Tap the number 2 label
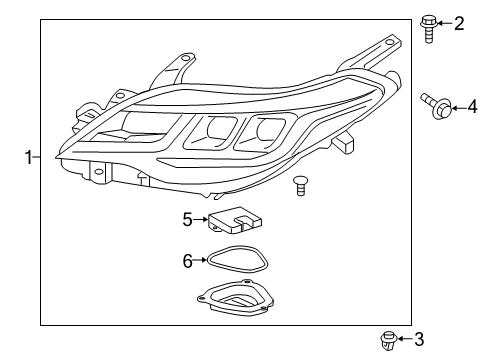point(459,23)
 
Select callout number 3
point(419,340)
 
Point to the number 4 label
point(473,104)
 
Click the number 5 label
point(187,218)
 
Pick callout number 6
point(187,260)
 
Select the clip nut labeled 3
point(388,341)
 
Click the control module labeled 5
point(232,220)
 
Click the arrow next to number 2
point(446,23)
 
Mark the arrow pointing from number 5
point(200,218)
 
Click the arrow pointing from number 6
point(200,260)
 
